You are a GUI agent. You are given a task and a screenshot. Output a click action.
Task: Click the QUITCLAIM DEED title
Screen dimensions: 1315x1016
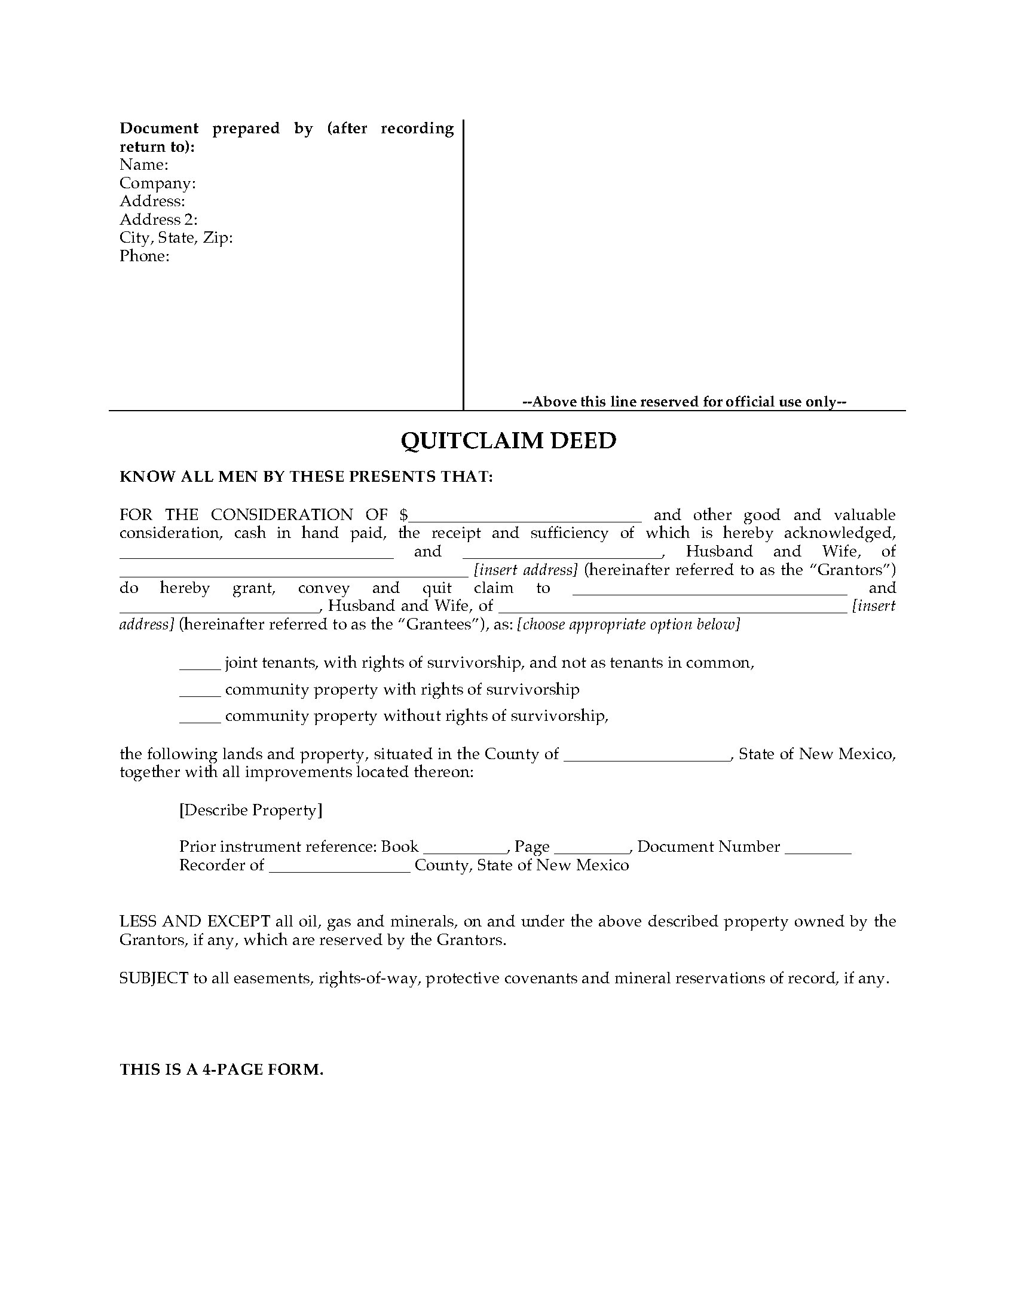[508, 441]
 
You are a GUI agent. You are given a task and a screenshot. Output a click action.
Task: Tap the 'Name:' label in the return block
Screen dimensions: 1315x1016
[144, 164]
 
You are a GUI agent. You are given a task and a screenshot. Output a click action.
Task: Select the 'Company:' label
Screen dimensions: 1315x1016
[157, 183]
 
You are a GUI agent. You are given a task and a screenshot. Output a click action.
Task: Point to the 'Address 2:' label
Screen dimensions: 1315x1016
[158, 219]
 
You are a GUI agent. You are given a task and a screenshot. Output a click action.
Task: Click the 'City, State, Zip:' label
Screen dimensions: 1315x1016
[176, 238]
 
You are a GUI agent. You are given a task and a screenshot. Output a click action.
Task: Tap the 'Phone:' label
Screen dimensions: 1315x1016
[145, 256]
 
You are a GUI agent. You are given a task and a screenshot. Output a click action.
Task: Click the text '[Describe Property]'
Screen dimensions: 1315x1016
[250, 810]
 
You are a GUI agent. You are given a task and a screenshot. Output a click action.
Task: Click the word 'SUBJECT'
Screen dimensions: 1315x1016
[154, 978]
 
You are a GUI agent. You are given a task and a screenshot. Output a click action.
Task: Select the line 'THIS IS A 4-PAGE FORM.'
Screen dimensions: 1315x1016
[222, 1069]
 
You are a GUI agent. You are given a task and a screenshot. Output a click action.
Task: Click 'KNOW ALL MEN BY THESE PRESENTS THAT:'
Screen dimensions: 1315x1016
[307, 476]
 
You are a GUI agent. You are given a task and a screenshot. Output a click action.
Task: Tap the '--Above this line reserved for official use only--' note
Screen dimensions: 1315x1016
[684, 402]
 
